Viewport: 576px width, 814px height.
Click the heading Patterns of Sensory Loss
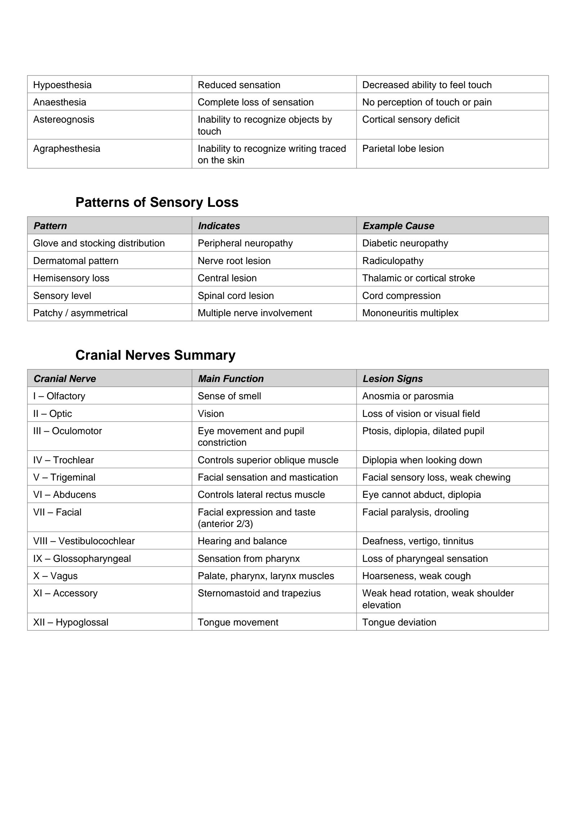[157, 202]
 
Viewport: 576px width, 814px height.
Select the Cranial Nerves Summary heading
[155, 355]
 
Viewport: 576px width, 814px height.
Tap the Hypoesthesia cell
[62, 85]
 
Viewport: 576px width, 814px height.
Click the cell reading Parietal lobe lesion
[403, 149]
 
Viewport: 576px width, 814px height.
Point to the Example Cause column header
[398, 226]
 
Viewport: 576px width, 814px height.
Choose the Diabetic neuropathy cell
[405, 243]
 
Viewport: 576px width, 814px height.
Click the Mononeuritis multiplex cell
[410, 313]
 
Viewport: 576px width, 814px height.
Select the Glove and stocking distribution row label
[99, 243]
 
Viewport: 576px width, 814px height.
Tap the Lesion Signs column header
[392, 379]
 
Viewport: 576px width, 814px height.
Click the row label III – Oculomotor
[67, 431]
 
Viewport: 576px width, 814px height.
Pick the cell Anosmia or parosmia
[408, 396]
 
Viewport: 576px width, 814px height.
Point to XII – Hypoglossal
[71, 622]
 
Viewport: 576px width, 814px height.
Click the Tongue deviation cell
[399, 622]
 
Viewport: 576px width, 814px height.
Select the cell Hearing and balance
[242, 541]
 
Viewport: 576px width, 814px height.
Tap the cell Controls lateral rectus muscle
[261, 495]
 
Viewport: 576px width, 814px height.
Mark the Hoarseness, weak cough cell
[416, 576]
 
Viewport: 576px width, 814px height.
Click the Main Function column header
[231, 379]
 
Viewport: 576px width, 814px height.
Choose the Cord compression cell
[401, 296]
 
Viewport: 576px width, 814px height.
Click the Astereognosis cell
[64, 119]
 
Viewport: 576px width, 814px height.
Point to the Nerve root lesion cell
[234, 261]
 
